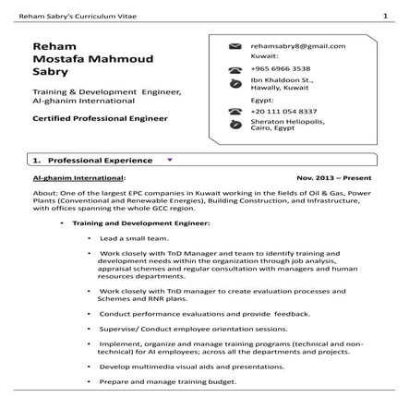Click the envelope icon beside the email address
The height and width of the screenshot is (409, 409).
(x=234, y=46)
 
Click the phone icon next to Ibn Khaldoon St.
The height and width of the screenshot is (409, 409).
(x=234, y=84)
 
